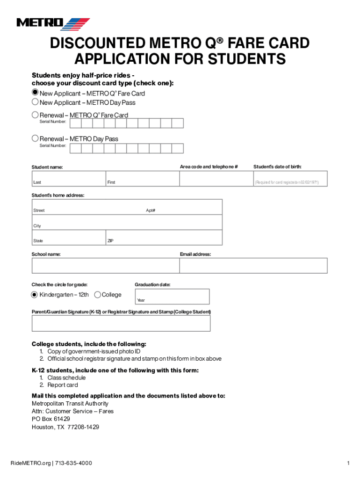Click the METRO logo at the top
point(53,23)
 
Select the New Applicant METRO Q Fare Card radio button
point(35,93)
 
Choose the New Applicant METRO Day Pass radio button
point(35,102)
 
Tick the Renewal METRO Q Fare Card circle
point(35,115)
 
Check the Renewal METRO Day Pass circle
point(35,138)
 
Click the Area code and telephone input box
point(216,179)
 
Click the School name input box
point(105,266)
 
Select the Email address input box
point(253,266)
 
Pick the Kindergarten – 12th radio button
point(34,295)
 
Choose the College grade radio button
point(97,295)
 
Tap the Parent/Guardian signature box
point(121,323)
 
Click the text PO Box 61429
point(50,419)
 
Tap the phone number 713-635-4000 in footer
point(73,463)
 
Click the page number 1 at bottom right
point(348,463)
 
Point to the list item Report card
point(62,385)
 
